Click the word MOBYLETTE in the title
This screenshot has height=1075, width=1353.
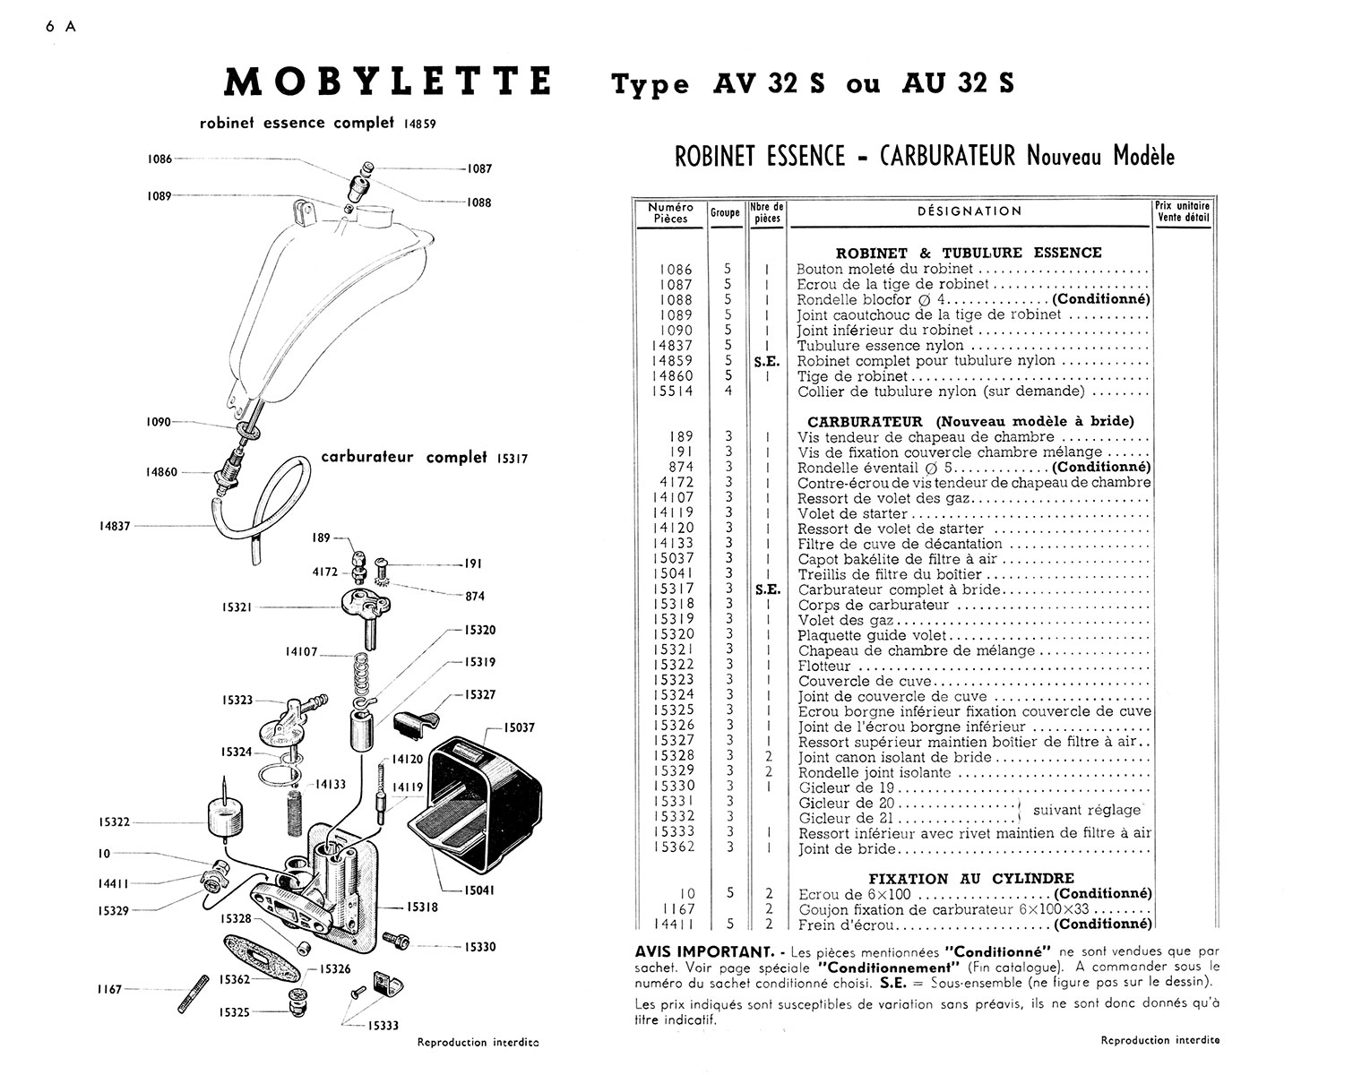coord(387,82)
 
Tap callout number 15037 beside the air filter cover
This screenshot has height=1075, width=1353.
coord(519,727)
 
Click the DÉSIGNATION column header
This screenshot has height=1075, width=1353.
coord(970,211)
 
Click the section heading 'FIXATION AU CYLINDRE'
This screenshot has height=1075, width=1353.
coord(971,879)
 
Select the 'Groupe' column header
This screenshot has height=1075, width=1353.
coord(725,213)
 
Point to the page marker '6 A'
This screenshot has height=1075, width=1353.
coord(61,26)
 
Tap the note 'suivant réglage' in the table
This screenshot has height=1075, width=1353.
coord(1087,810)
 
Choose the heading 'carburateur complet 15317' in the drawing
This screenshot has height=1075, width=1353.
coord(425,458)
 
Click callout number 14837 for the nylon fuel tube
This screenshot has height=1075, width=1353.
coord(115,526)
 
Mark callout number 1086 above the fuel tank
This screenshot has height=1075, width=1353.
coord(159,159)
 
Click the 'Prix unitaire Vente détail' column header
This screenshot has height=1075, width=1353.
coord(1183,211)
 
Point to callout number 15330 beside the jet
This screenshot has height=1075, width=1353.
coord(482,947)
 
